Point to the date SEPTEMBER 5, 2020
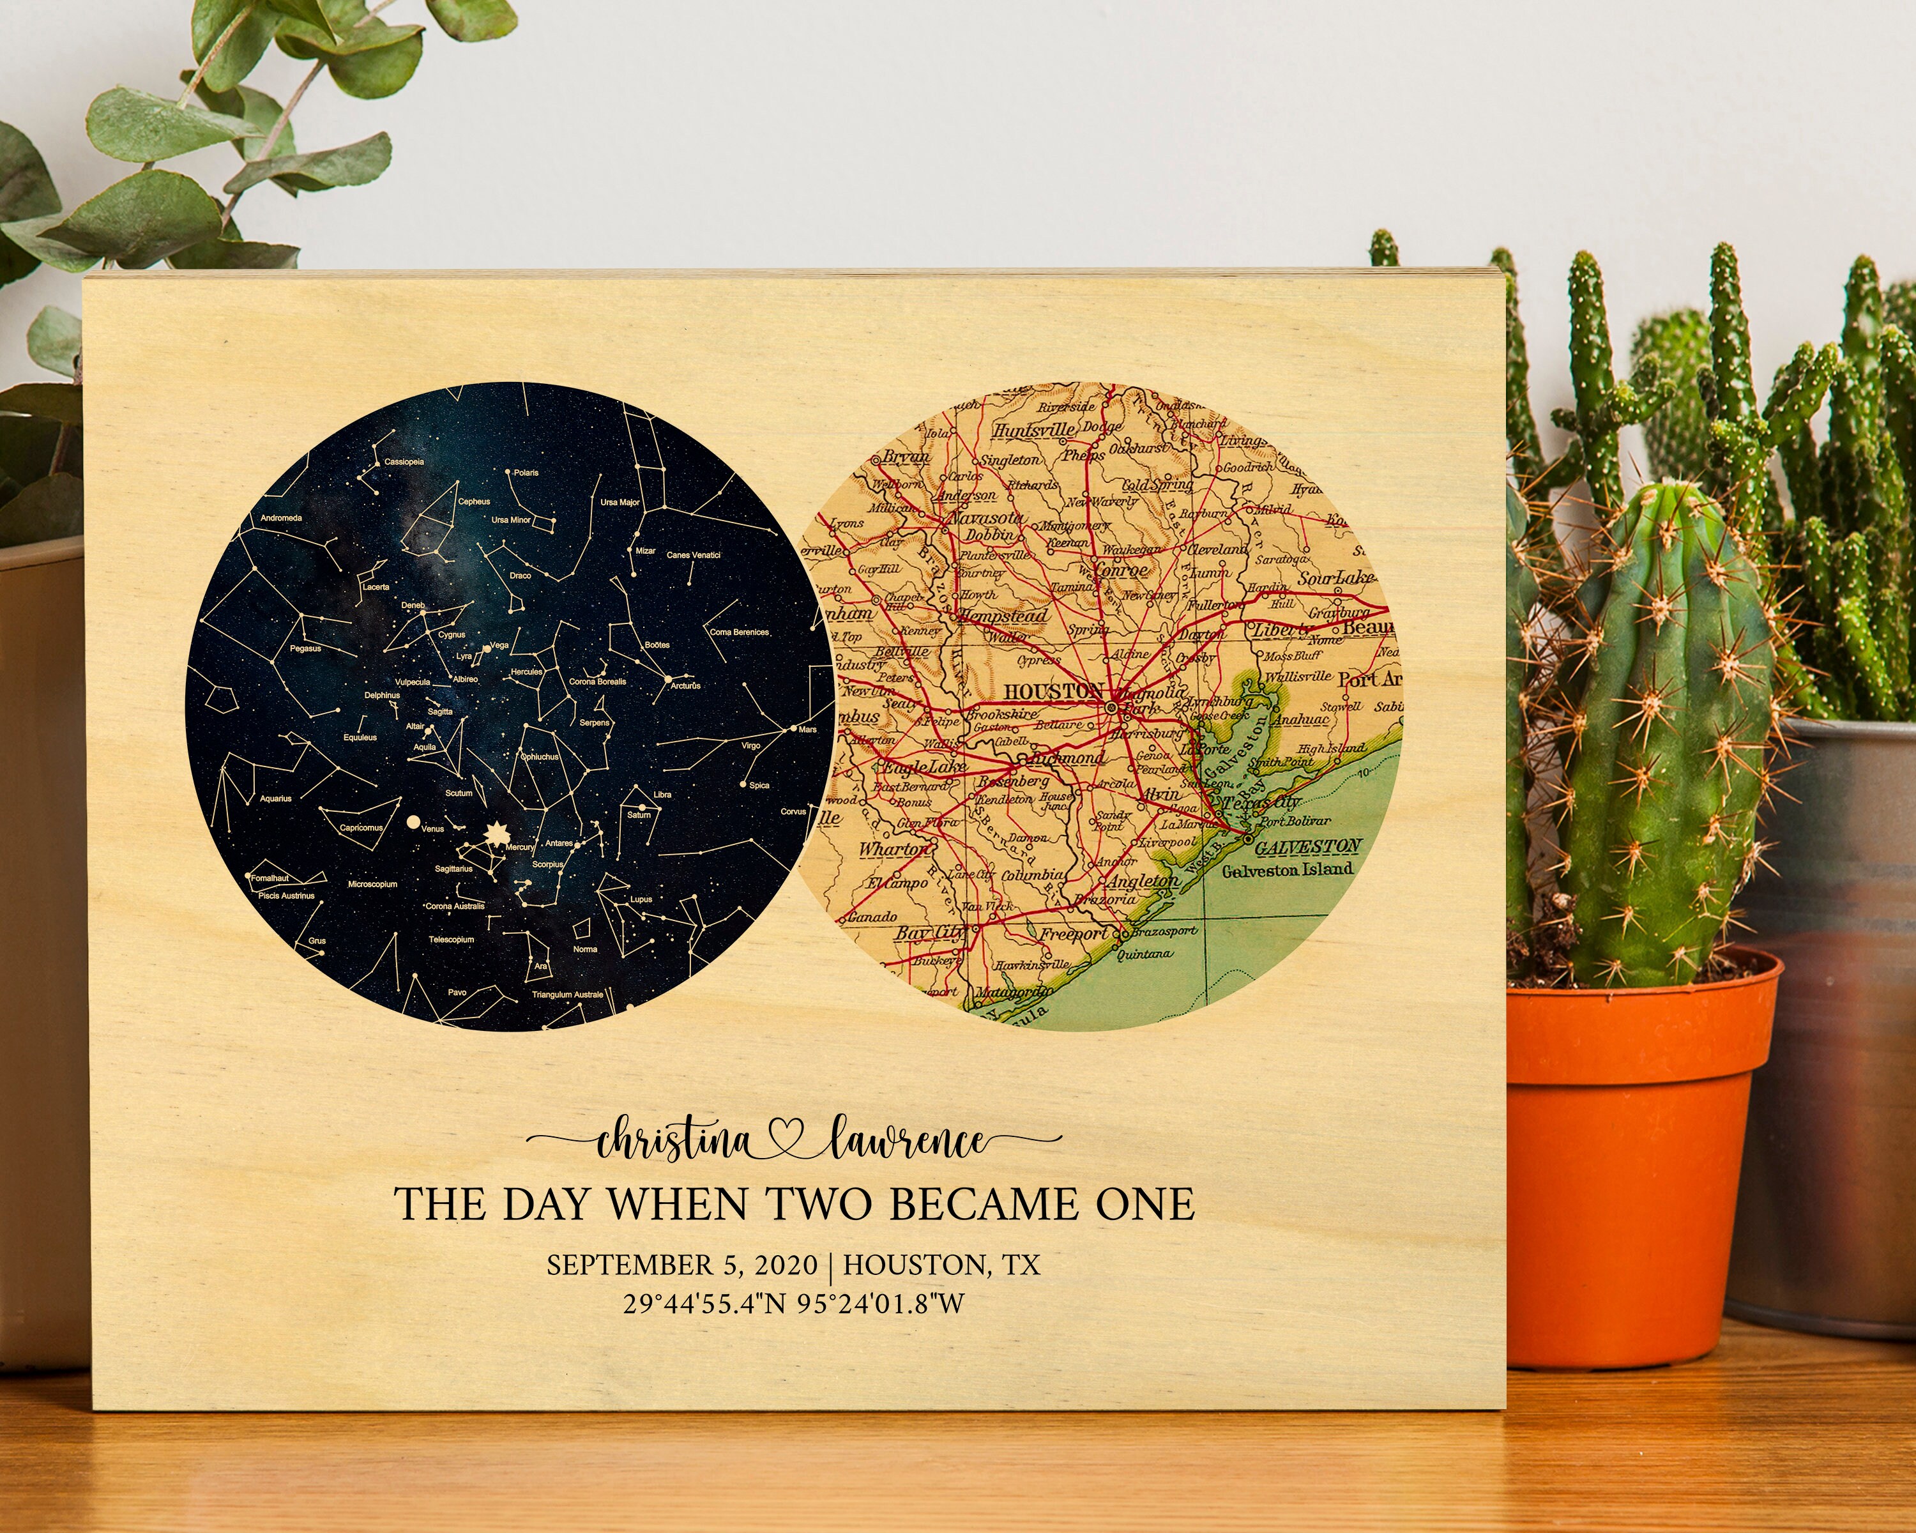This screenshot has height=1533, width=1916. [x=681, y=1265]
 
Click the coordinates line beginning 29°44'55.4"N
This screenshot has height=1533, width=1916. [x=794, y=1304]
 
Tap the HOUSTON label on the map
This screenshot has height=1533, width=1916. [x=1053, y=690]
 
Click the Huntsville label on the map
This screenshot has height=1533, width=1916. [x=1035, y=430]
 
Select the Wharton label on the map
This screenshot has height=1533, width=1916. [x=893, y=850]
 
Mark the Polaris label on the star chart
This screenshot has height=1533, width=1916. [x=526, y=473]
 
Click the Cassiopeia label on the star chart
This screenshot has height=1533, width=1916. [x=404, y=462]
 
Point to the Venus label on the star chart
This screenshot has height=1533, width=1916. [x=433, y=829]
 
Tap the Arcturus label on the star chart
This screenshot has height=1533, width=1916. [x=686, y=685]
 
